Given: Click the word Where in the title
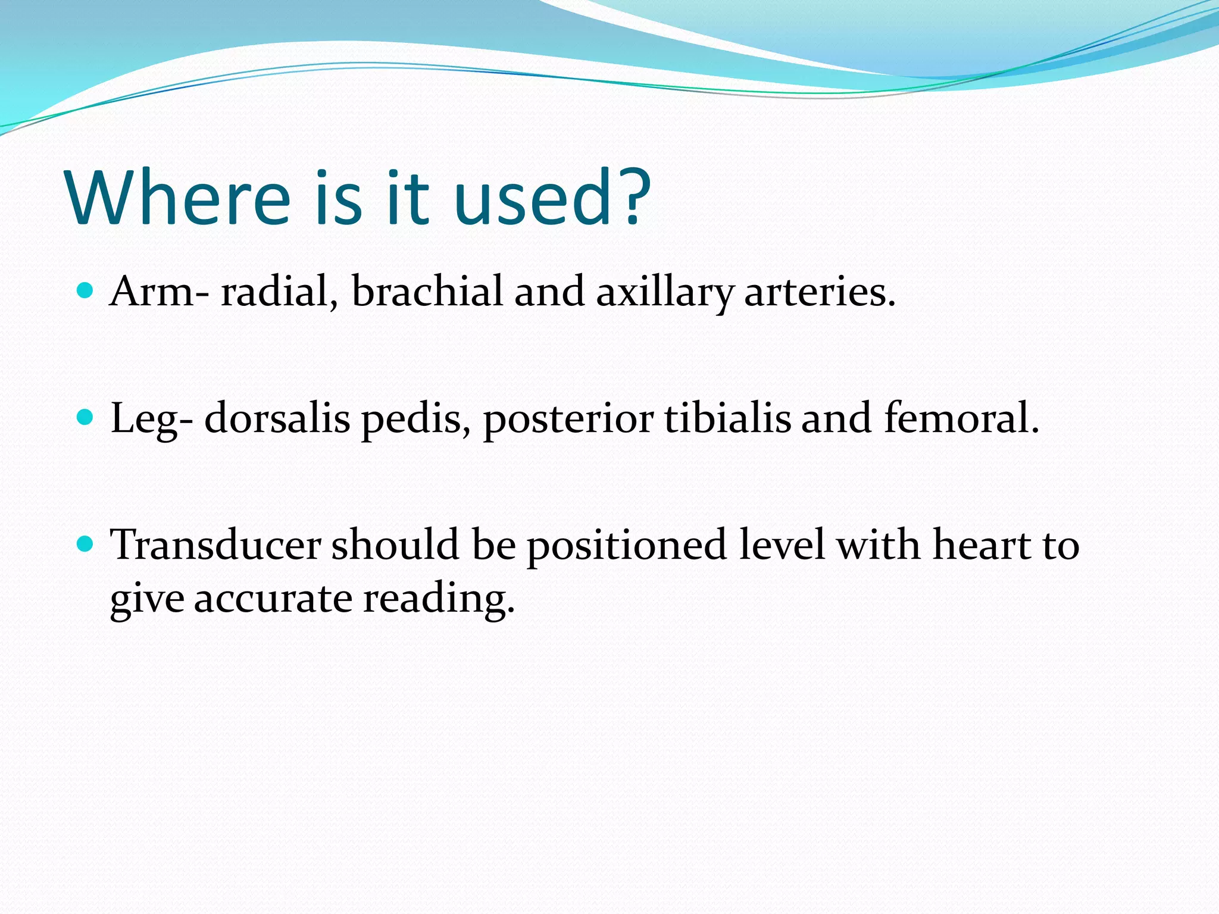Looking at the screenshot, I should [179, 198].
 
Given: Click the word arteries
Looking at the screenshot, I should [819, 293].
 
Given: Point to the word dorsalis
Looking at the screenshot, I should [277, 418].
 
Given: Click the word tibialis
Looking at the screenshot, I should [727, 418].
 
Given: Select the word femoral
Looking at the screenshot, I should [959, 418].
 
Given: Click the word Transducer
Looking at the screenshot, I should [215, 545].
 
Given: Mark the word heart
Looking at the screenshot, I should [982, 545].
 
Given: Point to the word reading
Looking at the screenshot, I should [438, 600].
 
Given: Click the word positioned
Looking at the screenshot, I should [627, 546].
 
